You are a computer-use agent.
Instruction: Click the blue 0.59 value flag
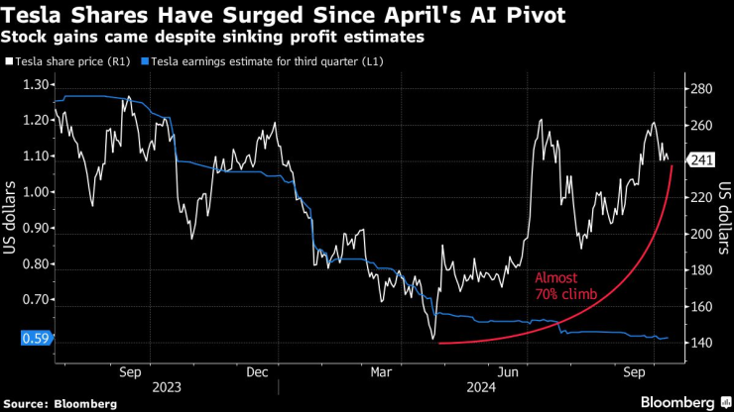point(34,338)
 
